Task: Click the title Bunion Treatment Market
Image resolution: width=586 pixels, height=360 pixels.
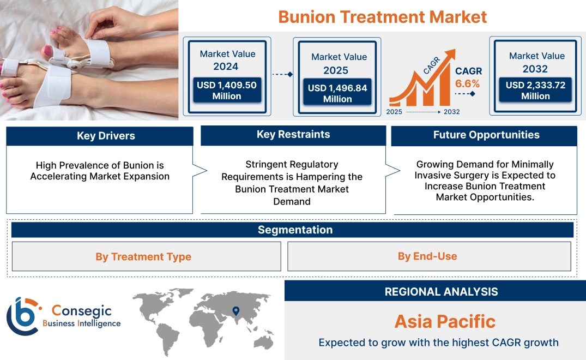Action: click(382, 16)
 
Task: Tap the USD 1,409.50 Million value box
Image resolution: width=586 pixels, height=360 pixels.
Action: click(226, 91)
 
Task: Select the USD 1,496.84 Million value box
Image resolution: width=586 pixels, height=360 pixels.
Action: click(337, 93)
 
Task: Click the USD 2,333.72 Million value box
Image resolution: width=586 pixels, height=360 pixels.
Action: click(535, 91)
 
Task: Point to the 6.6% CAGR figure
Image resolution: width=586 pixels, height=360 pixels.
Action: click(468, 83)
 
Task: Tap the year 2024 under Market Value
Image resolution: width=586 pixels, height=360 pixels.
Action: click(226, 67)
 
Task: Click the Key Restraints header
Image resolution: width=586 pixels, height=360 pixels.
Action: click(293, 134)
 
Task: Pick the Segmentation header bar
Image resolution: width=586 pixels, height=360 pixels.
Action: click(295, 230)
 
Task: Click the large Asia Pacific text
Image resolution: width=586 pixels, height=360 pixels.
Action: click(445, 321)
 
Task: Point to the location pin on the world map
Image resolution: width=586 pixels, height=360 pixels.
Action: click(236, 311)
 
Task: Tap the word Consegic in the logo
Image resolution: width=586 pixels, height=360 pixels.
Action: click(81, 310)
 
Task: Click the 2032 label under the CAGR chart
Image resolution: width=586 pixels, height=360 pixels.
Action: click(451, 112)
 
